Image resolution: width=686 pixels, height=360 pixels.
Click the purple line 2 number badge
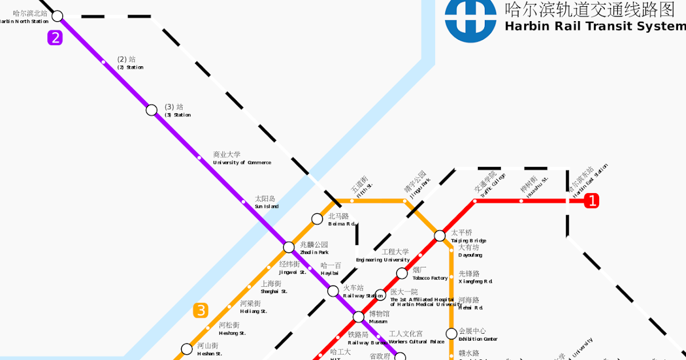[x=55, y=38]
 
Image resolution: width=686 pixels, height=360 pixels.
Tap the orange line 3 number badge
[x=201, y=310]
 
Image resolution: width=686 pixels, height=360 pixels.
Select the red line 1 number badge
[x=592, y=201]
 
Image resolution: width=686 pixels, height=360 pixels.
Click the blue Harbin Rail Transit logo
[x=470, y=21]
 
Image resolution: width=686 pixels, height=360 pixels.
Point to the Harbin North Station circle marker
[x=57, y=15]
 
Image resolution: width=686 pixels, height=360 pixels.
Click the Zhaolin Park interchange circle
[x=289, y=247]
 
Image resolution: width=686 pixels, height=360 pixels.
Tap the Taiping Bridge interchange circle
[x=440, y=235]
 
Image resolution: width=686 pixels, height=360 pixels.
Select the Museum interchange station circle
[x=358, y=317]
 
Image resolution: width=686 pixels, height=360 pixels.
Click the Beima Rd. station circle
[x=317, y=218]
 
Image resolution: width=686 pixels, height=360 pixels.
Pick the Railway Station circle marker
[x=333, y=291]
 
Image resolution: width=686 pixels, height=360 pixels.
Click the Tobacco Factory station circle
[x=402, y=273]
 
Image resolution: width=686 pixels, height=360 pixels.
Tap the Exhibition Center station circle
[x=452, y=333]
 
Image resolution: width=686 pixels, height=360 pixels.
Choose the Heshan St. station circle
[x=187, y=349]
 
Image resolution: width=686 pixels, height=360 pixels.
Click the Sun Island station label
[x=266, y=202]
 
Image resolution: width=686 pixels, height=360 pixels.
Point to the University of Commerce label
[x=241, y=158]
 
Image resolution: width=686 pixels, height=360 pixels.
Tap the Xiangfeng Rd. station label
[x=474, y=277]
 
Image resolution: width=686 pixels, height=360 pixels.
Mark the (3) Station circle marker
[x=151, y=110]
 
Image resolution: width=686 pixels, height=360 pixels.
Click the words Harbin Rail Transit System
[x=595, y=27]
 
